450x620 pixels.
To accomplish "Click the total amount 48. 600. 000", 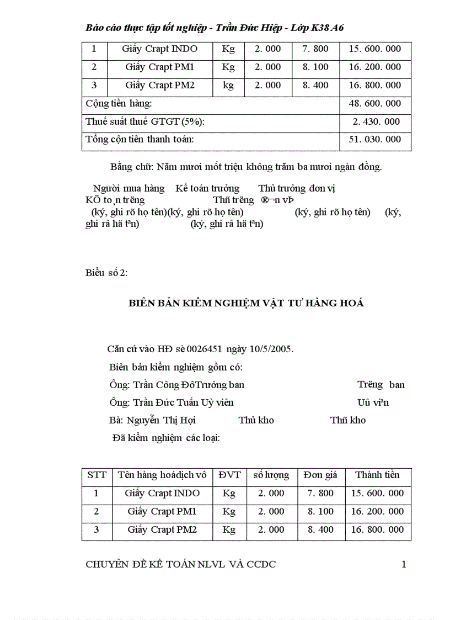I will [x=375, y=104].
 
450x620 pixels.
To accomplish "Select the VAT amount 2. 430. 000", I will [x=377, y=121].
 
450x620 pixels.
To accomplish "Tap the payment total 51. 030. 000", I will [x=375, y=140].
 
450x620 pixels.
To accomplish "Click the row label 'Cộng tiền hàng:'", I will [x=119, y=104].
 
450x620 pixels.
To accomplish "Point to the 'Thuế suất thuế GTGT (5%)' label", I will [x=148, y=121].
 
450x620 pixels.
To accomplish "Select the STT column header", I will [x=97, y=475].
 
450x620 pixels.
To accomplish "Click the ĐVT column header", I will [x=229, y=475].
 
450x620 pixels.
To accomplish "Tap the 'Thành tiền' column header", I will [x=377, y=475].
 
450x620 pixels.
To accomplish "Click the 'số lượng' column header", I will [x=271, y=475].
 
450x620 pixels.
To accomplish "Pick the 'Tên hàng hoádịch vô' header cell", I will [x=162, y=475].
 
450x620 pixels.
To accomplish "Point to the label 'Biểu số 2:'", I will [x=107, y=273].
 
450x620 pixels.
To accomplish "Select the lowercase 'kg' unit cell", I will [x=228, y=86].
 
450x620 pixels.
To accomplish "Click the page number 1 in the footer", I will [x=404, y=564].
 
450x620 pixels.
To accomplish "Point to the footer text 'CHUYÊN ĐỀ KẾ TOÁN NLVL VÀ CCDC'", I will [x=181, y=564].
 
